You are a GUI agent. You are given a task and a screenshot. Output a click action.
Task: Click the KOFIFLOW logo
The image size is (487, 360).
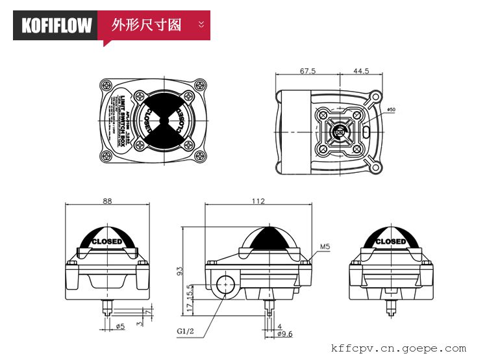[x=56, y=25]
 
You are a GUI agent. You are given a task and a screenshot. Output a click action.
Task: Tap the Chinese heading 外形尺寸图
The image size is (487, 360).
[x=146, y=25]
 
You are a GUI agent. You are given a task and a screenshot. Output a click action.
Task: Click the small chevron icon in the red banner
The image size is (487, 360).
[x=201, y=25]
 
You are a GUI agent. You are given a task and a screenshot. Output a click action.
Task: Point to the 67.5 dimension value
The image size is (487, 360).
[x=308, y=71]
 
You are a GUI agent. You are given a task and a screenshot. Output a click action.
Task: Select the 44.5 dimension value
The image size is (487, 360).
[x=362, y=71]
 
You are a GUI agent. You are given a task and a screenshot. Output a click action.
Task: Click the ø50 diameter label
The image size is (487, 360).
[x=390, y=109]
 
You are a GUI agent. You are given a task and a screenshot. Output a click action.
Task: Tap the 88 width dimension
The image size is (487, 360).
[x=108, y=201]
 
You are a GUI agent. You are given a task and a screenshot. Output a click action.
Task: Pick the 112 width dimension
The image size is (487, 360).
[x=258, y=201]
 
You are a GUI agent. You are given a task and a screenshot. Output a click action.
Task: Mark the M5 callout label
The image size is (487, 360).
[x=326, y=247]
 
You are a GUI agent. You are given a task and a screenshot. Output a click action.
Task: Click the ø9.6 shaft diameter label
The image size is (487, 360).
[x=284, y=333]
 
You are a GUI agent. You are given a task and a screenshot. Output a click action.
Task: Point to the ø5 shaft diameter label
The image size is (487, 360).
[x=119, y=326]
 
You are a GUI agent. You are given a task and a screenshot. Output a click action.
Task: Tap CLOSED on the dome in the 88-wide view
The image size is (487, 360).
[x=107, y=242]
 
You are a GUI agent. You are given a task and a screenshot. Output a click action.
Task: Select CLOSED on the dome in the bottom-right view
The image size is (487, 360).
[x=391, y=242]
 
